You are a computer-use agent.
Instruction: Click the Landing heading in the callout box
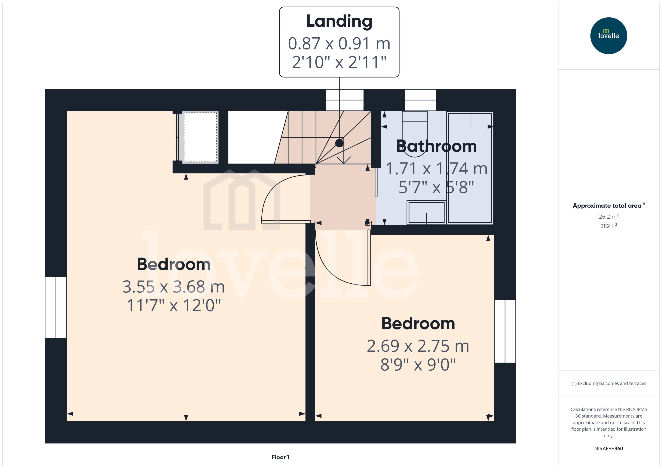339,21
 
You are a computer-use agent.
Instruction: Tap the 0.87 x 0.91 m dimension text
339,43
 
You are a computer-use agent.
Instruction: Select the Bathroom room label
436,146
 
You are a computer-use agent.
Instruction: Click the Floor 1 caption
280,457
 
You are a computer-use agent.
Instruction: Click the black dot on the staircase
339,143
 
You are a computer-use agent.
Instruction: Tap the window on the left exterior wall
56,307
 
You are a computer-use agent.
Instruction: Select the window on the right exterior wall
505,331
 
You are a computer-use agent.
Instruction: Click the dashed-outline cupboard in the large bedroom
200,137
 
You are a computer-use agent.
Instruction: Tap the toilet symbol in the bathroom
415,135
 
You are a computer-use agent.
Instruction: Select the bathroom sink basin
426,212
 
